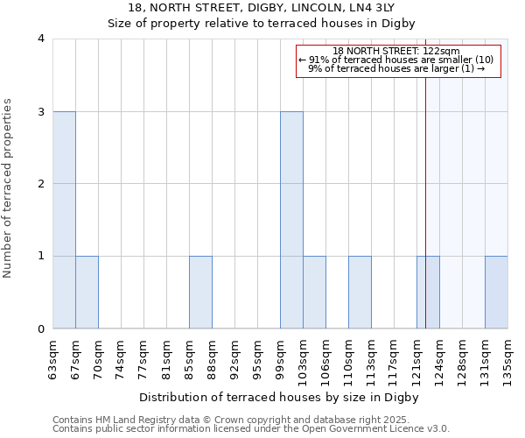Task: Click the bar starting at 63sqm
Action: point(64,220)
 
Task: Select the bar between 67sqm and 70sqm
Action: point(87,292)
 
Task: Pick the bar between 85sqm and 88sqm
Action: point(200,292)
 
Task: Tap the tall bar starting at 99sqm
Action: point(291,220)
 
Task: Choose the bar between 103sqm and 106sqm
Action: point(314,292)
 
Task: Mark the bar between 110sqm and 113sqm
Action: point(360,292)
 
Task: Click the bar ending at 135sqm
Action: point(496,292)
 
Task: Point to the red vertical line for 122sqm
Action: point(425,184)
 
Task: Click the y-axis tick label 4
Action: point(41,39)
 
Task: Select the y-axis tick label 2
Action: point(41,184)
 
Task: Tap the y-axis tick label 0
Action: point(41,328)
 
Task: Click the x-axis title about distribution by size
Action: point(279,397)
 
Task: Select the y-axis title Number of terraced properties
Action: point(9,188)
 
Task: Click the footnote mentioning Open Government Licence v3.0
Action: point(250,429)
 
